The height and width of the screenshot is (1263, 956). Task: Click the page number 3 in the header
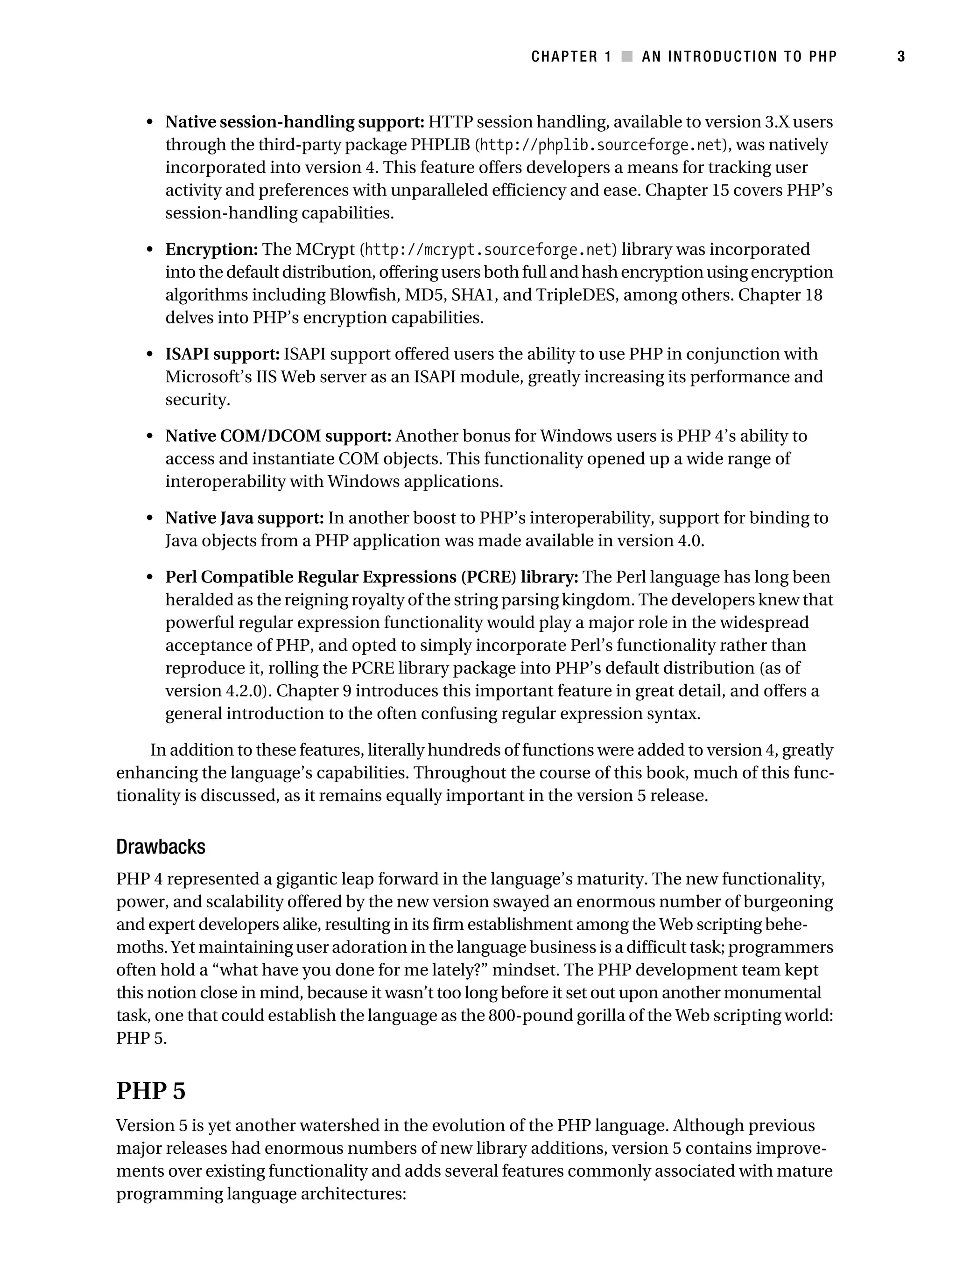pyautogui.click(x=900, y=56)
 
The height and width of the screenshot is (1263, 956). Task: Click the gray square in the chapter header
pyautogui.click(x=626, y=56)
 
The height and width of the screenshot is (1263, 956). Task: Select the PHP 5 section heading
pyautogui.click(x=151, y=1091)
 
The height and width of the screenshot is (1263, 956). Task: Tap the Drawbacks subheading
pyautogui.click(x=161, y=847)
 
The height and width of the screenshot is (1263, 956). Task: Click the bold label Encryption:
pyautogui.click(x=212, y=250)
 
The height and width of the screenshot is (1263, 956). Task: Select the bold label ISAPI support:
pyautogui.click(x=222, y=354)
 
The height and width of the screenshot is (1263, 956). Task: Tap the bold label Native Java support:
pyautogui.click(x=245, y=518)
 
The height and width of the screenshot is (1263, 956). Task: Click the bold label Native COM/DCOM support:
pyautogui.click(x=278, y=436)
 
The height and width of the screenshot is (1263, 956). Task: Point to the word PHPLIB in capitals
pyautogui.click(x=440, y=145)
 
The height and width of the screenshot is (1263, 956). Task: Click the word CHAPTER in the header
pyautogui.click(x=564, y=56)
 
